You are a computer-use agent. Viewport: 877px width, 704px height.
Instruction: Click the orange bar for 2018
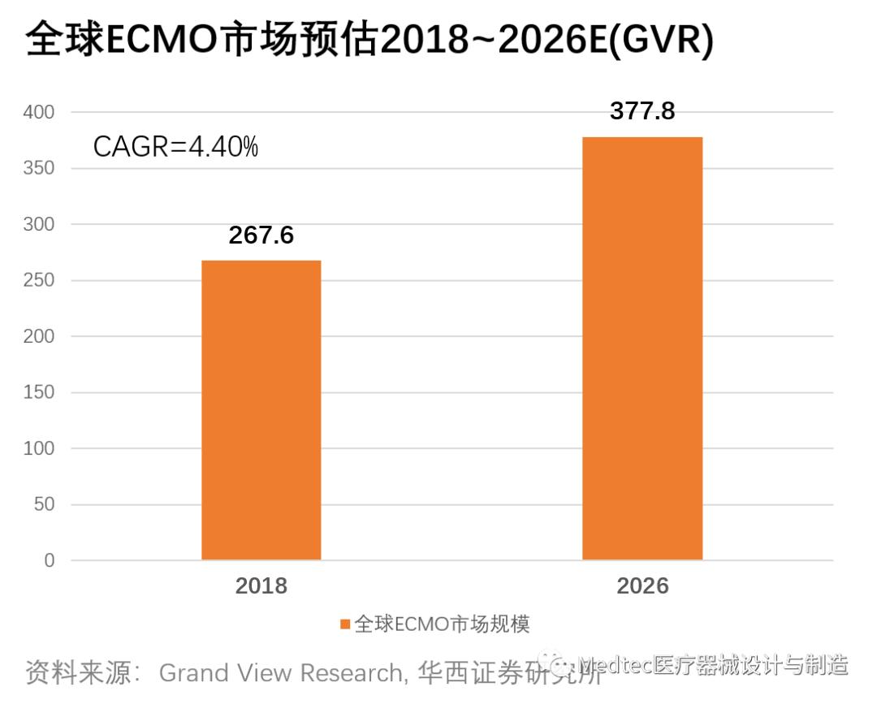[x=261, y=410]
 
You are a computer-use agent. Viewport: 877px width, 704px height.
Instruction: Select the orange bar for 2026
[x=642, y=348]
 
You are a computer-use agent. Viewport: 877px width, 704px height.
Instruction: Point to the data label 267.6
[x=261, y=235]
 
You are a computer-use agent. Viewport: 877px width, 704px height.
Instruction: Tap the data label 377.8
[x=642, y=111]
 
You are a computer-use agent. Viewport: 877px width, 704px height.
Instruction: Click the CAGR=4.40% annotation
[x=175, y=147]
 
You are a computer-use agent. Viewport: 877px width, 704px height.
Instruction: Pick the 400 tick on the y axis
[x=38, y=113]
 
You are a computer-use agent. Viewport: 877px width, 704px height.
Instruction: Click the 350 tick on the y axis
[x=38, y=169]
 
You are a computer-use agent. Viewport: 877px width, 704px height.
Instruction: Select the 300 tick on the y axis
[x=38, y=225]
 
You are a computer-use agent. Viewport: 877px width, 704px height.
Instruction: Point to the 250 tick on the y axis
[x=38, y=281]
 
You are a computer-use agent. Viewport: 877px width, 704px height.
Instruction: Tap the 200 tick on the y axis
[x=38, y=337]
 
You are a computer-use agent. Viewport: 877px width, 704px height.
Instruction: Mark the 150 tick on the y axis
[x=38, y=393]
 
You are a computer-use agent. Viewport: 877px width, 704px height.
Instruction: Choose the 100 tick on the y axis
[x=38, y=449]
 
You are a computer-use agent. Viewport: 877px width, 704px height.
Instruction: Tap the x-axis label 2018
[x=261, y=586]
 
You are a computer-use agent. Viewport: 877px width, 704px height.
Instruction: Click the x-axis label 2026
[x=642, y=586]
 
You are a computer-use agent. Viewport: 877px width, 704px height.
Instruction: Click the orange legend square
[x=345, y=624]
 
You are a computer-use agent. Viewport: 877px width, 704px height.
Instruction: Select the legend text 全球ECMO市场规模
[x=443, y=624]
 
